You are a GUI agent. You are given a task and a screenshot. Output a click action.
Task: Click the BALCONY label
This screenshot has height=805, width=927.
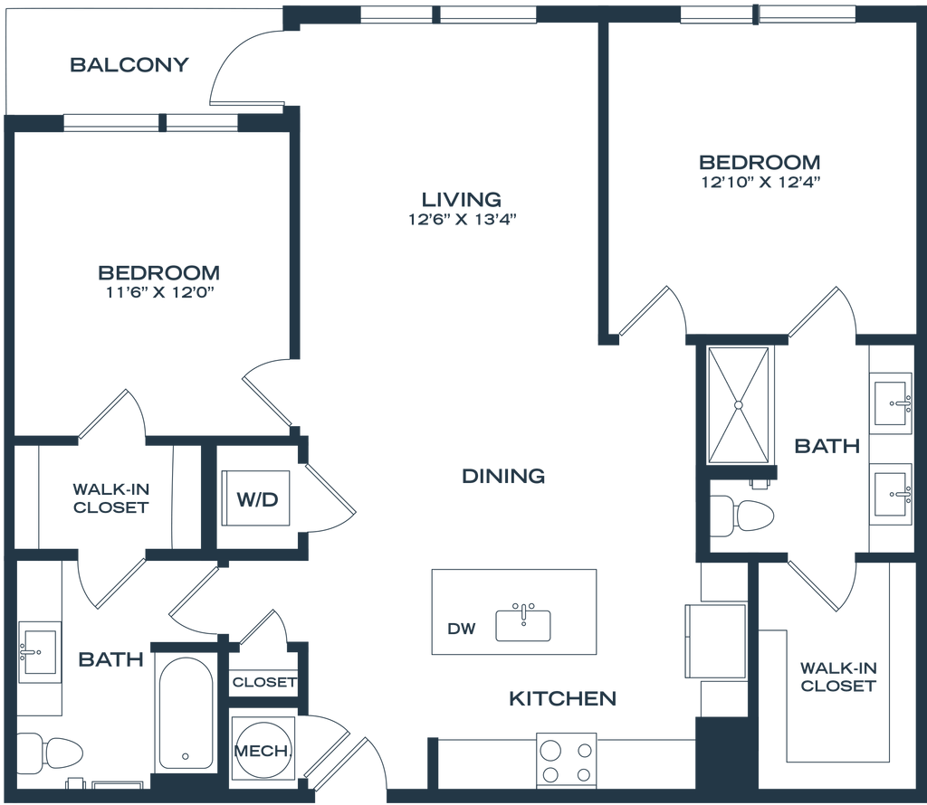[130, 65]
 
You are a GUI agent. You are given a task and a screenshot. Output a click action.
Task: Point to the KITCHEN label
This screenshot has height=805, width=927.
[562, 698]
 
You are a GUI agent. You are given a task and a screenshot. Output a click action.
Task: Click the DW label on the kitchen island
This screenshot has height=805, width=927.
[455, 628]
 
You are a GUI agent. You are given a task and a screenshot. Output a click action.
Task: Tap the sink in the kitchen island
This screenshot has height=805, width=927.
[522, 623]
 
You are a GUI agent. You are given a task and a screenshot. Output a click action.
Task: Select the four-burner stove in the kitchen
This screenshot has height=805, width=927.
[568, 760]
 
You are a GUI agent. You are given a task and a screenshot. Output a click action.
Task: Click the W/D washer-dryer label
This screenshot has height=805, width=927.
[257, 498]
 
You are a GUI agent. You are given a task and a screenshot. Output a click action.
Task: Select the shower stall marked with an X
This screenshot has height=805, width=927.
[743, 403]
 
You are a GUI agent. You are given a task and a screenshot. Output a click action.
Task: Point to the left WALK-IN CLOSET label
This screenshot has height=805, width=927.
[110, 498]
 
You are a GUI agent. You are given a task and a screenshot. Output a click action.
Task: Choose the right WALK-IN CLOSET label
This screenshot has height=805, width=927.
[837, 677]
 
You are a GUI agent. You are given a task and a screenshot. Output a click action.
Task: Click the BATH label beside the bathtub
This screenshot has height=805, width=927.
[110, 660]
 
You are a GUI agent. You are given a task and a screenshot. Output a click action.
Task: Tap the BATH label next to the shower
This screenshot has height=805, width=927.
[827, 446]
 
